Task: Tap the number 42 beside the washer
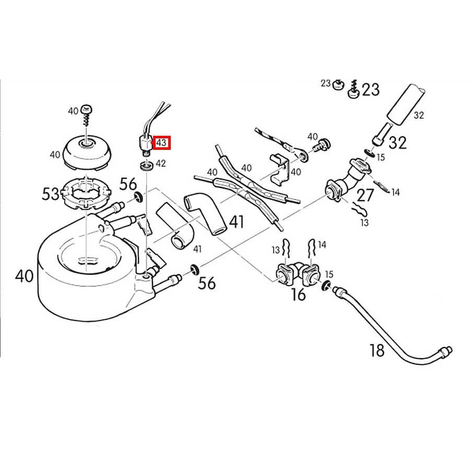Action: tap(161, 163)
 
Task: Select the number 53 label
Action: tap(51, 195)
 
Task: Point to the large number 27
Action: tap(365, 196)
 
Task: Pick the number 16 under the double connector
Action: tap(298, 295)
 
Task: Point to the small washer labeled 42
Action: tap(146, 167)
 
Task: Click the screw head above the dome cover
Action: tap(87, 111)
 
